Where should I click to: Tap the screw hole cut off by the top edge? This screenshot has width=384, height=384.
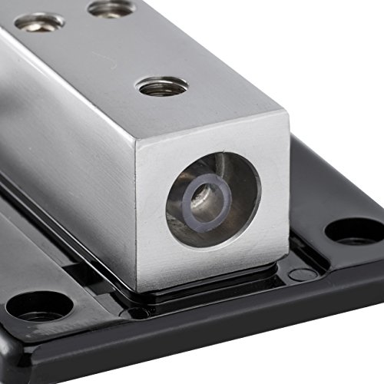tap(111, 8)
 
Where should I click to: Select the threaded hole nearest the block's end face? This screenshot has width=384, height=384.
tap(162, 86)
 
